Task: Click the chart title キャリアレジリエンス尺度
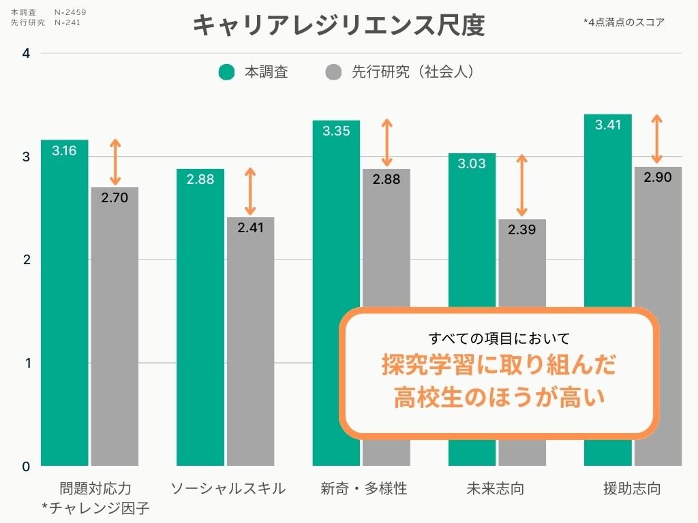click(x=339, y=25)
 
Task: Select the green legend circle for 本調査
click(x=227, y=72)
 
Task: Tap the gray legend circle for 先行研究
click(x=333, y=72)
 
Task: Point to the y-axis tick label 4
click(x=26, y=53)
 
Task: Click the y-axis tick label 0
click(x=26, y=466)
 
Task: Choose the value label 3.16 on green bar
click(x=64, y=151)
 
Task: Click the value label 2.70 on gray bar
click(x=115, y=198)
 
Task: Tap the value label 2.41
click(x=250, y=228)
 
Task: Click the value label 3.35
click(x=336, y=131)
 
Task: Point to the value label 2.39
click(x=521, y=230)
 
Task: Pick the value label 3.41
click(x=607, y=125)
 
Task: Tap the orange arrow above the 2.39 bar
click(x=522, y=185)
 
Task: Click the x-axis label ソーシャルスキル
click(x=228, y=489)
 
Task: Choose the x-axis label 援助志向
click(x=632, y=489)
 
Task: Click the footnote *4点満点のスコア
click(x=624, y=22)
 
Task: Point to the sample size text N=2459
click(x=70, y=12)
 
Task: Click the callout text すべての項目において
click(x=499, y=338)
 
